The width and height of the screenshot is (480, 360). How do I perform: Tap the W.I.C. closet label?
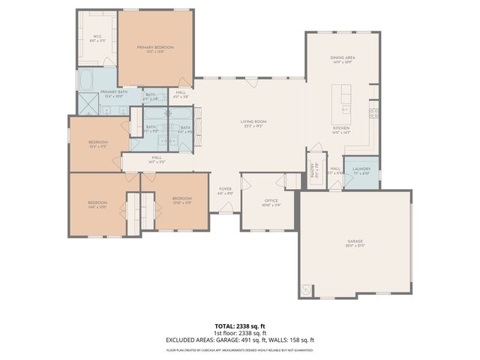click(x=97, y=37)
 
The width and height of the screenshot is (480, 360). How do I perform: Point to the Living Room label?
click(x=253, y=124)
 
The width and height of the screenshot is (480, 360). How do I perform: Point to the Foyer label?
click(x=225, y=190)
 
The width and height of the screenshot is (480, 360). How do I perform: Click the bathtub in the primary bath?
click(x=86, y=79)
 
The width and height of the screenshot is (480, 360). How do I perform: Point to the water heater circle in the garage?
click(x=307, y=288)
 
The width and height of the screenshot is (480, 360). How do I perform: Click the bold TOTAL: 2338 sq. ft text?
click(x=240, y=326)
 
